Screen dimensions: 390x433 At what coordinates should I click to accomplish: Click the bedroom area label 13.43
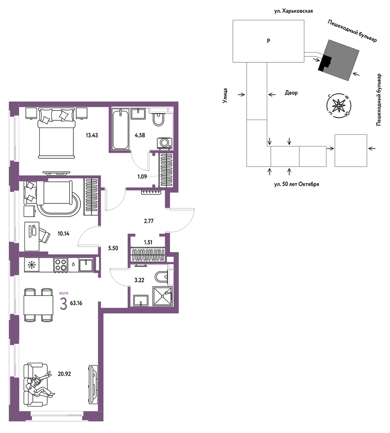(92, 135)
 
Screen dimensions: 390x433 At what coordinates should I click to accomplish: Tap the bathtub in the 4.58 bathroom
(121, 129)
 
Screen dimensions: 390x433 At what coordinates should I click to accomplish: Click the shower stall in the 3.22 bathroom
(162, 296)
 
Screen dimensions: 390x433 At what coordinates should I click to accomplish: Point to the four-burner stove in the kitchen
(61, 265)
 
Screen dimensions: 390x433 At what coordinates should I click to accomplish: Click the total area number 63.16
(76, 303)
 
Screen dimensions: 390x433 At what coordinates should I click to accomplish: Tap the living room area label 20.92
(64, 374)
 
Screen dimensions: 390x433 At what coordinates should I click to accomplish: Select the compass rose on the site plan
(339, 106)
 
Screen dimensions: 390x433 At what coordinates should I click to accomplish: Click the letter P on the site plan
(268, 41)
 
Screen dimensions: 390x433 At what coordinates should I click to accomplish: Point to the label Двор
(291, 93)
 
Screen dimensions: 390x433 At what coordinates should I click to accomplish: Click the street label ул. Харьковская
(293, 11)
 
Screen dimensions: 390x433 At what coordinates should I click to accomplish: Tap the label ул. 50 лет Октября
(297, 184)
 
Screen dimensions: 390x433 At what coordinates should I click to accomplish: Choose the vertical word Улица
(225, 96)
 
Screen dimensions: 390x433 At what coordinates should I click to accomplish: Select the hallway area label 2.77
(149, 221)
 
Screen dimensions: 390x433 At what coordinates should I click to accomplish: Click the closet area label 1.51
(148, 242)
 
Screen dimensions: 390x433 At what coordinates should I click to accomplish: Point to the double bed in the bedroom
(57, 133)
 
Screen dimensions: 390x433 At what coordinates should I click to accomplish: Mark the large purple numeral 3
(63, 304)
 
